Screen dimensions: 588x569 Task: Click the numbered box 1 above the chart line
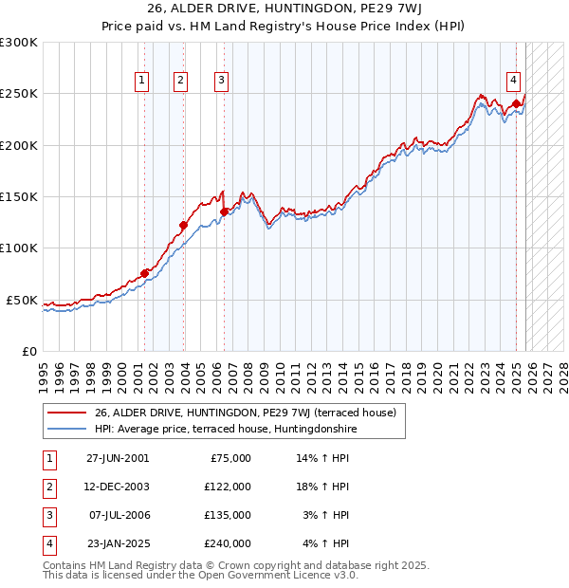[141, 82]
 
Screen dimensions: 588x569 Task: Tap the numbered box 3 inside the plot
[221, 82]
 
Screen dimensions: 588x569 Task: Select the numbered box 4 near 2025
[512, 82]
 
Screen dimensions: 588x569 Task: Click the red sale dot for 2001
[145, 273]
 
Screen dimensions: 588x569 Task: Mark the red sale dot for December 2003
[184, 225]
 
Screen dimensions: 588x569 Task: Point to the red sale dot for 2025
[516, 103]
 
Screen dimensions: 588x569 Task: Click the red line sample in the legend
[67, 413]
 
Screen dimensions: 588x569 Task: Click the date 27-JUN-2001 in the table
[118, 458]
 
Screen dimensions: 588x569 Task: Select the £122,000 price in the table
[228, 487]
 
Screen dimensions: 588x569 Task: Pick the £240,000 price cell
[228, 543]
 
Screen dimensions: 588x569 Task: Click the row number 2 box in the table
[48, 487]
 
